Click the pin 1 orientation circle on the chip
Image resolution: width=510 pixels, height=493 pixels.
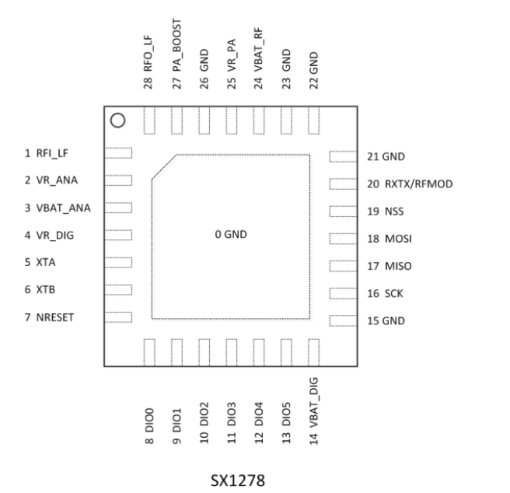tap(117, 114)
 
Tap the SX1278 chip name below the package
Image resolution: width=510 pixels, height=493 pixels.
tap(238, 481)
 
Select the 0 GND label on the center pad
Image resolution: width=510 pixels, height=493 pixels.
tap(231, 234)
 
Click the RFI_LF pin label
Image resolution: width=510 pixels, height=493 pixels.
tap(52, 153)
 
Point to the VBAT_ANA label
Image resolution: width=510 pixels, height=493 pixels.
tap(64, 208)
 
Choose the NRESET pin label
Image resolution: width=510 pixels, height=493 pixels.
tap(55, 317)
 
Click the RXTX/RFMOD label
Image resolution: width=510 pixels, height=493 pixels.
tap(419, 184)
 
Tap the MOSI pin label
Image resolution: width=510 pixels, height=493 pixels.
tap(398, 239)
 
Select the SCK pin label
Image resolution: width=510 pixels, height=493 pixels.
tap(394, 293)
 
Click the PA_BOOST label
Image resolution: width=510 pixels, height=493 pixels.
tap(177, 45)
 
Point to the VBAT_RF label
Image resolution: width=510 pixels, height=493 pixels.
tap(259, 50)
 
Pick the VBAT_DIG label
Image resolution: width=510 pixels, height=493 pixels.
tap(313, 403)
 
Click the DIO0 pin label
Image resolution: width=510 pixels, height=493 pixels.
tap(149, 420)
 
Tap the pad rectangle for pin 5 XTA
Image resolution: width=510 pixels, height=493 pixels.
tap(118, 262)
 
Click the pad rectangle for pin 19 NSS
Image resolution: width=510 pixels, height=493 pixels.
tap(343, 212)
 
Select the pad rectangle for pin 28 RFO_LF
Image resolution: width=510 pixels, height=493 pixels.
tap(149, 121)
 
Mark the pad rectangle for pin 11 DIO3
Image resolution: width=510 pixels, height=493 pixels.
tap(231, 352)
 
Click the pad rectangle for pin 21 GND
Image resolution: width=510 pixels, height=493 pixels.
tap(343, 156)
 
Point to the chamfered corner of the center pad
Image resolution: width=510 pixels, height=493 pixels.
tap(164, 167)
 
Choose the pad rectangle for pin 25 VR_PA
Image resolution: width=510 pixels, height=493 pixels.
tap(231, 121)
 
